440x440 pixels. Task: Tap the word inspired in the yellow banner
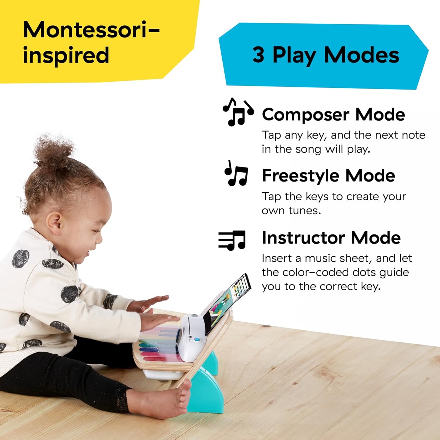pyautogui.click(x=66, y=55)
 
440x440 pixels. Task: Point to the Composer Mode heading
pyautogui.click(x=333, y=114)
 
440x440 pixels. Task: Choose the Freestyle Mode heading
pyautogui.click(x=328, y=176)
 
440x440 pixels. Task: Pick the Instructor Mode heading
pyautogui.click(x=331, y=238)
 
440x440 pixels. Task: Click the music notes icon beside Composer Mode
pyautogui.click(x=238, y=112)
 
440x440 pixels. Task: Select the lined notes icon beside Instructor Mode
pyautogui.click(x=232, y=240)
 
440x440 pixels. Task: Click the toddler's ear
pyautogui.click(x=55, y=223)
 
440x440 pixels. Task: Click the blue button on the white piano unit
pyautogui.click(x=197, y=339)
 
